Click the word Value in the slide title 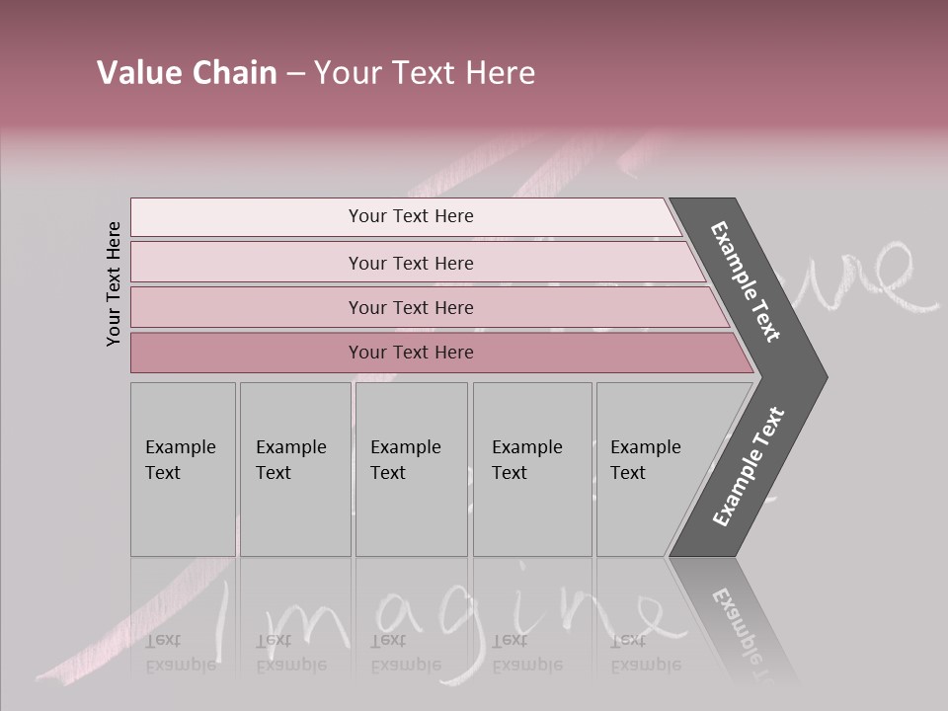[x=135, y=73]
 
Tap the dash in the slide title [x=295, y=74]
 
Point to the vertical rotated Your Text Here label [x=114, y=283]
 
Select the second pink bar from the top [x=410, y=263]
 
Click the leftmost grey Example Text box [x=183, y=469]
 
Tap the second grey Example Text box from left [x=295, y=469]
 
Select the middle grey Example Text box [x=411, y=469]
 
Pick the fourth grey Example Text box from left [x=532, y=469]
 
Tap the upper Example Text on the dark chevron [x=747, y=281]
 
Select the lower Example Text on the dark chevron [x=749, y=466]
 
